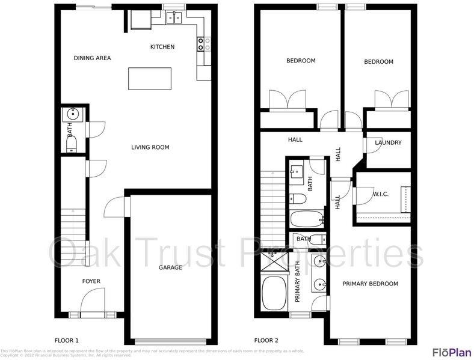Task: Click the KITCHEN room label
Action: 162,47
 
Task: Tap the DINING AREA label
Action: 92,58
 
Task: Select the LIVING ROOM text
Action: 150,147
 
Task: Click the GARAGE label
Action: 170,267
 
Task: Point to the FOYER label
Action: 91,281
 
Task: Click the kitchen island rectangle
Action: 150,79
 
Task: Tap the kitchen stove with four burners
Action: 203,43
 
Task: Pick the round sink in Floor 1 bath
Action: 73,112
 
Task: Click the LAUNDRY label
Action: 387,143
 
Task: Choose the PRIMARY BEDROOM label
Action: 370,284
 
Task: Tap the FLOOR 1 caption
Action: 67,340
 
